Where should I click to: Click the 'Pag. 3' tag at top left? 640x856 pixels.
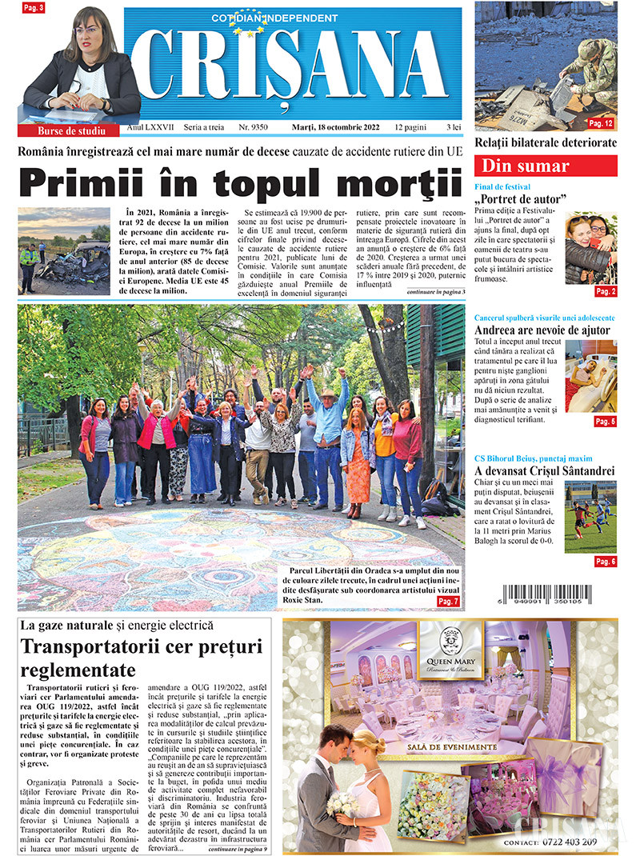click(34, 8)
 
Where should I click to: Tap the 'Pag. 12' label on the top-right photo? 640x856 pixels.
click(601, 123)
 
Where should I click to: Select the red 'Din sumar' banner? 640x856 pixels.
click(546, 166)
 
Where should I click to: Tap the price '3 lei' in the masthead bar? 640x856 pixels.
click(454, 128)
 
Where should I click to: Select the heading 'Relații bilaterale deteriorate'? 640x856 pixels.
click(546, 142)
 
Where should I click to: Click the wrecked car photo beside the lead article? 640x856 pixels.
click(64, 251)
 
